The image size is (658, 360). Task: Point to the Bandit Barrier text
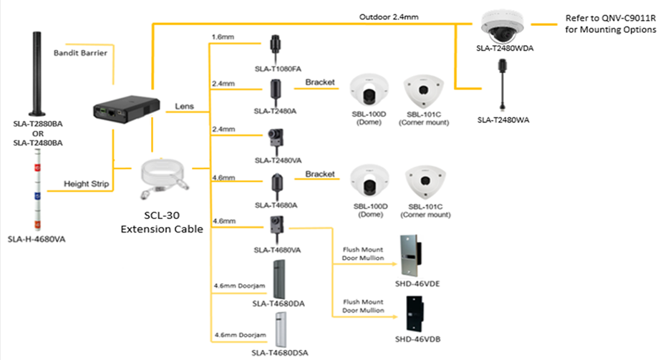tap(80, 53)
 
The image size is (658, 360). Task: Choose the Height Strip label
tap(87, 184)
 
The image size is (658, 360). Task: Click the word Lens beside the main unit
tap(185, 106)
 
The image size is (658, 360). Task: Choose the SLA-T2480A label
tap(275, 111)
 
